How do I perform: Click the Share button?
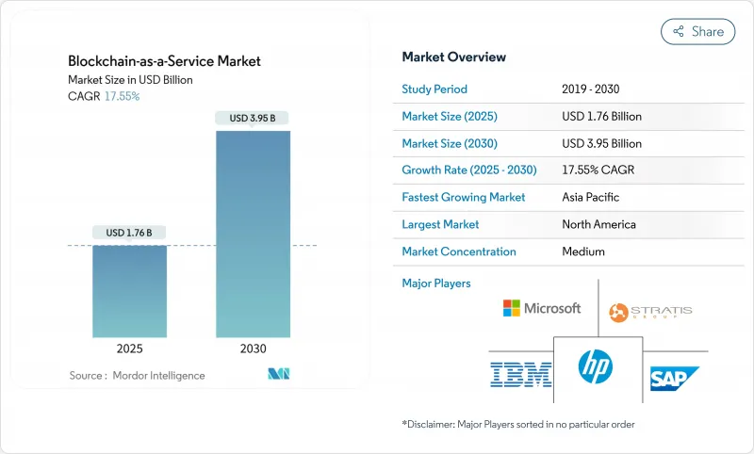tap(698, 31)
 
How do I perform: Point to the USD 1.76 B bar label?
tap(129, 233)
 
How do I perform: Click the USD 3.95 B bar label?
tap(253, 118)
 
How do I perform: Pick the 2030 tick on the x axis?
tap(253, 349)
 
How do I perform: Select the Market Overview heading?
tap(453, 57)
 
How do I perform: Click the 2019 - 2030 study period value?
tap(589, 89)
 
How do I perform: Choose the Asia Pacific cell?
tap(592, 198)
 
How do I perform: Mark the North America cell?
tap(598, 224)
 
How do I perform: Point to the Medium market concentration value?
tap(582, 251)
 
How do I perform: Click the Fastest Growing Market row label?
tap(463, 198)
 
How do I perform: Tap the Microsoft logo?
tap(542, 308)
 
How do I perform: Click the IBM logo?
tap(520, 375)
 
